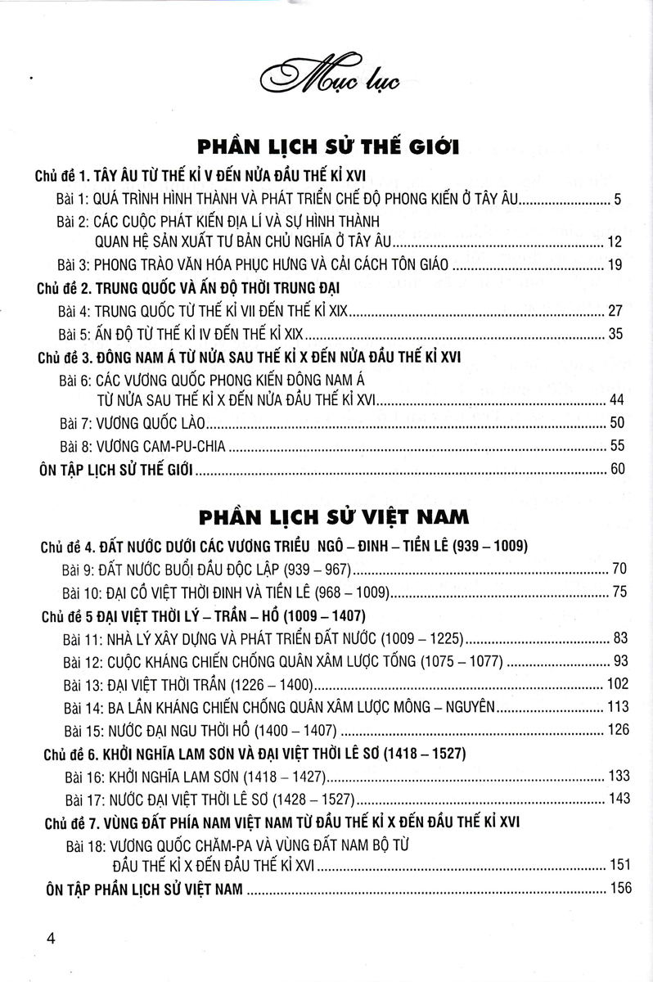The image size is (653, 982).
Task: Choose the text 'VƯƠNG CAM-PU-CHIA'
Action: tap(164, 448)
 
